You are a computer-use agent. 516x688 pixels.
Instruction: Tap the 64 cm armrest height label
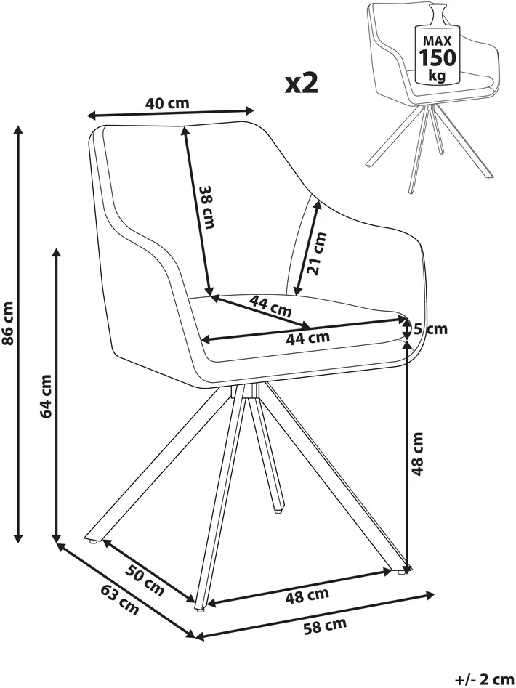pos(46,396)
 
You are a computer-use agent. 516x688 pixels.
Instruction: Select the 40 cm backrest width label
pos(167,103)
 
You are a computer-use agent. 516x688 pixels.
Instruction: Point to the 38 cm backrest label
pos(206,206)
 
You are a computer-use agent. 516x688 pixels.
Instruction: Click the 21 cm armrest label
pos(318,253)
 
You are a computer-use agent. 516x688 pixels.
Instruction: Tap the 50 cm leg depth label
pos(145,580)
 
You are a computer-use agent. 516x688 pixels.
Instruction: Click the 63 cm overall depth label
pos(120,599)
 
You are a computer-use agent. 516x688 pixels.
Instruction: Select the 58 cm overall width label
pos(325,626)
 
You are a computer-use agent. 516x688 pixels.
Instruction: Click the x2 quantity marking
pos(302,84)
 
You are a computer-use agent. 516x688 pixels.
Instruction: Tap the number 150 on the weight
pos(437,57)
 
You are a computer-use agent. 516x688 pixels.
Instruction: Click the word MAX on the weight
pos(437,41)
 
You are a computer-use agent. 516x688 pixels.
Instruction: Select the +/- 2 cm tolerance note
pos(485,680)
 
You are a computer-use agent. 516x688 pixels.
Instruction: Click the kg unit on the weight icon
pos(437,76)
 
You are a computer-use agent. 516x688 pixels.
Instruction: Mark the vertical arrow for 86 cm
pos(18,333)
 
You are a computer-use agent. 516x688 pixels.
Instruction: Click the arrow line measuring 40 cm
pos(171,113)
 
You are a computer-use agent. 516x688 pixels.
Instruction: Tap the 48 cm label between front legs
pos(307,596)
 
